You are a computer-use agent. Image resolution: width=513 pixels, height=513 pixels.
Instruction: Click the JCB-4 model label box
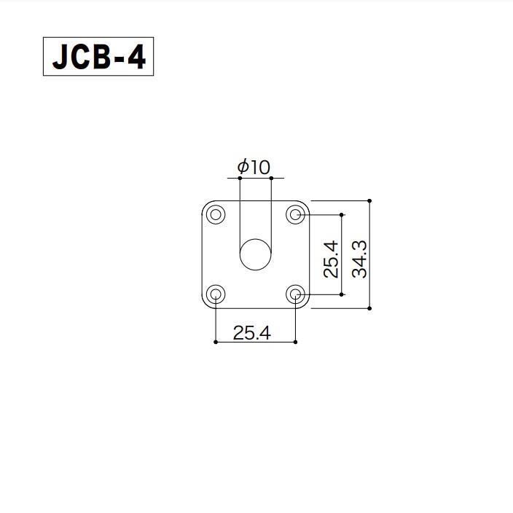[x=98, y=56]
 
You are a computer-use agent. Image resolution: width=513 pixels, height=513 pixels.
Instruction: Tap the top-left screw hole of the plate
[x=216, y=215]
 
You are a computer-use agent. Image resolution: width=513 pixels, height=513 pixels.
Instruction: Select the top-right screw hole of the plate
[x=295, y=215]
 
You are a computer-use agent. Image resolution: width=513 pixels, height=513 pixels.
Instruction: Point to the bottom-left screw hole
[x=216, y=294]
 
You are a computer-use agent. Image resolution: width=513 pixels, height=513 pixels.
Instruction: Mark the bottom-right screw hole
[x=295, y=294]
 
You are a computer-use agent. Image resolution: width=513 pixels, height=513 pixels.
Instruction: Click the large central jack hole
[x=255, y=254]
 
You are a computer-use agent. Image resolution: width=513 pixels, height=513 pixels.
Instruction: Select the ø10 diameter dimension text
[x=254, y=167]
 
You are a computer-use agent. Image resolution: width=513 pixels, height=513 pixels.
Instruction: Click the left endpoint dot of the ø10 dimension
[x=239, y=177]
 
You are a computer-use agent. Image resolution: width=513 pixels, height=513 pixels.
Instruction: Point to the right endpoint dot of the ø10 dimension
[x=271, y=177]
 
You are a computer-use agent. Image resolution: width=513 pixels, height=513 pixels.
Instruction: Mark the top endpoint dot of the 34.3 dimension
[x=370, y=200]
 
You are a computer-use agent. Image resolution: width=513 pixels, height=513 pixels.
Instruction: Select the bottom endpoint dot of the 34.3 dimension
[x=370, y=309]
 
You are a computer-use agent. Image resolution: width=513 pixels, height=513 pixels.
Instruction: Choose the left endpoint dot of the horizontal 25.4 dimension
[x=216, y=341]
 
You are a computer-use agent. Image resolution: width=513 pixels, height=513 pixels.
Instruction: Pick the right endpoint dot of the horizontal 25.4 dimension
[x=295, y=341]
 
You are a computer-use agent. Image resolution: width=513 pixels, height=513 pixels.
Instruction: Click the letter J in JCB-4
[x=59, y=57]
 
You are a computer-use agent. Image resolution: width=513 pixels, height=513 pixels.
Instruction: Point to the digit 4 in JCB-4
[x=136, y=57]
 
